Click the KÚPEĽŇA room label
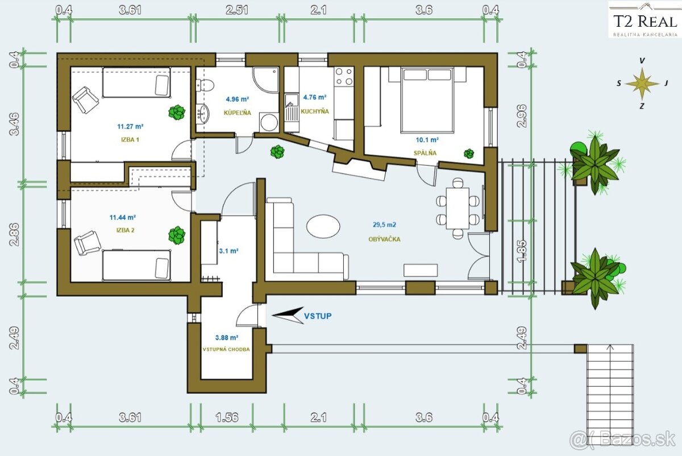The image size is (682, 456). pyautogui.click(x=238, y=113)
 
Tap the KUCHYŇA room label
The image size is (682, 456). pyautogui.click(x=315, y=111)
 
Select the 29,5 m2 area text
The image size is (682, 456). pyautogui.click(x=384, y=225)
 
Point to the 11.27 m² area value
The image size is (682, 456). pyautogui.click(x=130, y=126)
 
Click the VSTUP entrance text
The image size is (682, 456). pyautogui.click(x=318, y=316)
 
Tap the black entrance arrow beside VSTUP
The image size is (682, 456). pyautogui.click(x=288, y=315)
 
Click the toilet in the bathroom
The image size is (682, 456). pyautogui.click(x=205, y=85)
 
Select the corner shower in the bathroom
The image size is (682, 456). pyautogui.click(x=265, y=80)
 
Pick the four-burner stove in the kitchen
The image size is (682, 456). pyautogui.click(x=344, y=76)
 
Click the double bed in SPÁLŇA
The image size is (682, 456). pyautogui.click(x=427, y=100)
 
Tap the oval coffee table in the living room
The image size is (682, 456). pyautogui.click(x=323, y=226)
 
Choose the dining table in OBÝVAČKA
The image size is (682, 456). pyautogui.click(x=458, y=208)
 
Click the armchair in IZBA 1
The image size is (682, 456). pyautogui.click(x=85, y=100)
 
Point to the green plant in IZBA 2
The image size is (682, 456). pyautogui.click(x=177, y=235)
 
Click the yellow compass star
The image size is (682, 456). pyautogui.click(x=642, y=84)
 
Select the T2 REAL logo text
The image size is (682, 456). pyautogui.click(x=644, y=22)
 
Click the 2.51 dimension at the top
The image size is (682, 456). pyautogui.click(x=237, y=10)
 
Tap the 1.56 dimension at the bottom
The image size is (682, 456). pyautogui.click(x=227, y=417)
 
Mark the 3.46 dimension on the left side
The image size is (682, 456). pyautogui.click(x=14, y=124)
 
